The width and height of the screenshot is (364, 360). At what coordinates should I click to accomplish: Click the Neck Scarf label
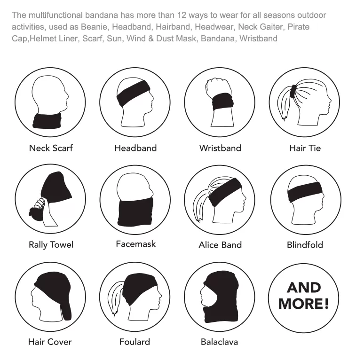(x=51, y=148)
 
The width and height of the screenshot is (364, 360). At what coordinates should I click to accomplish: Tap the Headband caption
(x=135, y=148)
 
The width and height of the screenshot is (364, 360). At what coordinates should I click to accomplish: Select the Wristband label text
(x=220, y=148)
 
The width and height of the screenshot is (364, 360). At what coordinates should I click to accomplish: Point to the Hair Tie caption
(x=305, y=148)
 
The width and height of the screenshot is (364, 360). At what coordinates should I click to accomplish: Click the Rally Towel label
(x=51, y=245)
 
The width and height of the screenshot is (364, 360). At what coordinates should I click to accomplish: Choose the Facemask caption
(x=136, y=244)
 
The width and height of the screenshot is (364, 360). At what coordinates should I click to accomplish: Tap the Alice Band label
(x=220, y=245)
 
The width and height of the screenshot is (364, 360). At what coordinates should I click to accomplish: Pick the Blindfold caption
(x=305, y=245)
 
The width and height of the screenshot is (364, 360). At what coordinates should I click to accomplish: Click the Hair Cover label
(x=50, y=342)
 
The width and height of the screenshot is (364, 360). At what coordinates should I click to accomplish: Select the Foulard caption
(x=135, y=342)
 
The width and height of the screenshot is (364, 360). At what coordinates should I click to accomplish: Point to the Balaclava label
(x=219, y=342)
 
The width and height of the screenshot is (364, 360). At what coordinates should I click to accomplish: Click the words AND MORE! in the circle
(x=304, y=296)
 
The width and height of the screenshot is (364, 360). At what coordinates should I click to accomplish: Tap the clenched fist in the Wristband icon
(x=218, y=87)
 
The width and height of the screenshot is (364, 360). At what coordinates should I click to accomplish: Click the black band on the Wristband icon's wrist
(x=222, y=102)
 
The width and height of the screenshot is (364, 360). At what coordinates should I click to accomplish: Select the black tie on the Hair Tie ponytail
(x=293, y=92)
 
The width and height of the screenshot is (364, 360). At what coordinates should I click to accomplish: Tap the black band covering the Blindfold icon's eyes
(x=305, y=192)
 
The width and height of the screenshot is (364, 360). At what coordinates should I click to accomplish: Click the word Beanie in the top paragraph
(x=94, y=27)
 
